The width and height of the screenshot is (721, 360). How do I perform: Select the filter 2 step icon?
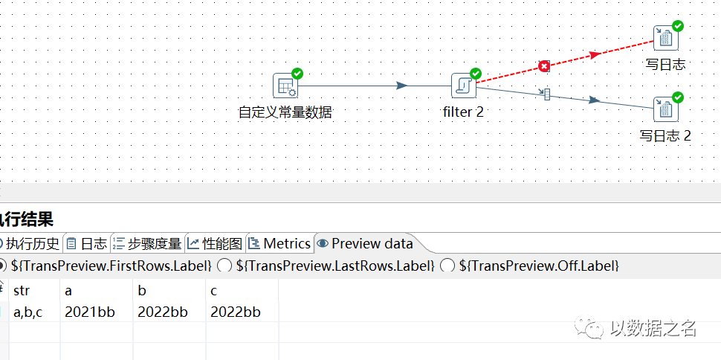coord(464,86)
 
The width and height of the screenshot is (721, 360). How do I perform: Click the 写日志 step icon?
coord(665,38)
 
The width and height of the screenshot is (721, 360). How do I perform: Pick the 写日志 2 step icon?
coord(665,109)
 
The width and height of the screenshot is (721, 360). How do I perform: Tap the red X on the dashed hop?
coord(544,67)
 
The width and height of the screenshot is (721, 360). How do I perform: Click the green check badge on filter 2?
coord(476,74)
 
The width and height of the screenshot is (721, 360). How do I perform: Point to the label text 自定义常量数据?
coord(285,113)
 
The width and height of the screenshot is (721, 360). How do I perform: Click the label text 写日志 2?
coord(665,136)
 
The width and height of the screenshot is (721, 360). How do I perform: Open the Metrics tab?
coord(279,243)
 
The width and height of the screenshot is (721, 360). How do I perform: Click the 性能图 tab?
coord(215,243)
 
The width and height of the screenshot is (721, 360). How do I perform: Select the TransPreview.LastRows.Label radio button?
coord(224,266)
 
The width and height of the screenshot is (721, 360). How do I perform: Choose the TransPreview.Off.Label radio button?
coord(447,266)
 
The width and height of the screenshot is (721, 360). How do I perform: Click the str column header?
coord(22,290)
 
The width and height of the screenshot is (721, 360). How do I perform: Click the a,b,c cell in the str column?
coord(28,312)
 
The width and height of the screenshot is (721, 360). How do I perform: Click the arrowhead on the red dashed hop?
coord(595,54)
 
